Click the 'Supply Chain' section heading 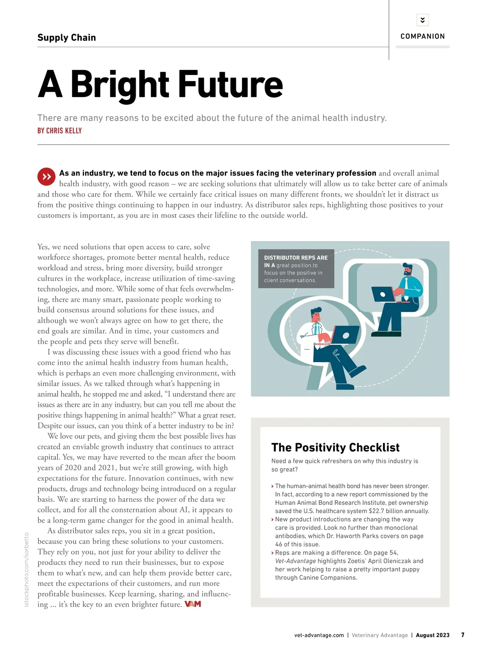67,38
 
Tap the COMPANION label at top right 422,36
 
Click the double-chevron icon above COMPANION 422,20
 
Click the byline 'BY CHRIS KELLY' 60,131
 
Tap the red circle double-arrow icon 47,177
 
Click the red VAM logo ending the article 193,604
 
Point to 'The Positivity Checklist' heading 335,447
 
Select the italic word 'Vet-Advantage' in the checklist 295,561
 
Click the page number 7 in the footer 463,635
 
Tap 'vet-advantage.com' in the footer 319,635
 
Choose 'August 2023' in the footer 433,635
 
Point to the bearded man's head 407,269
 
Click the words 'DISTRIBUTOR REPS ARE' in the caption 295,258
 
